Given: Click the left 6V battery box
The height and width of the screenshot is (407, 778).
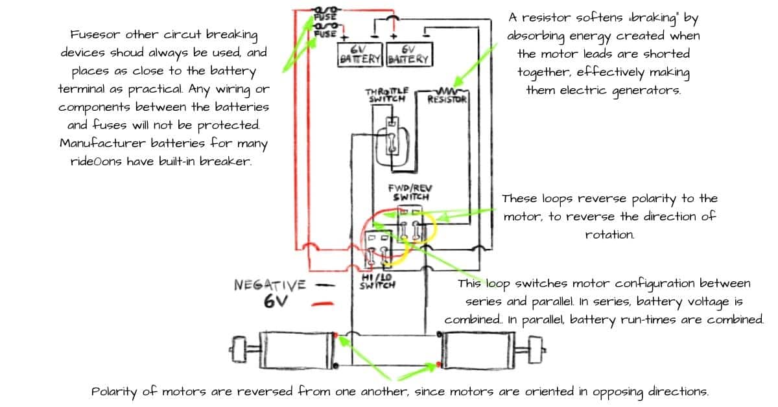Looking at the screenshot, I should tap(361, 54).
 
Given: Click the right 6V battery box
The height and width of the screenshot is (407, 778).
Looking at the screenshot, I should tap(408, 54).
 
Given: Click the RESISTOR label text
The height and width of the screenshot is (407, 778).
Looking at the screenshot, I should tap(447, 100).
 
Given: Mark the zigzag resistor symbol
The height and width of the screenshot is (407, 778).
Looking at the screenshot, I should tap(448, 91).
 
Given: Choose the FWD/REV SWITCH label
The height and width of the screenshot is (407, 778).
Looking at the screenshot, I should tap(410, 192).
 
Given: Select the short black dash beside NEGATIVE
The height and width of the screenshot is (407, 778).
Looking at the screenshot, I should tap(326, 285).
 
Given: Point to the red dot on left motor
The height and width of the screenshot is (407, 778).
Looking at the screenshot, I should tap(335, 335).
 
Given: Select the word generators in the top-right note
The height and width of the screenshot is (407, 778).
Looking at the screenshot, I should tap(646, 90).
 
